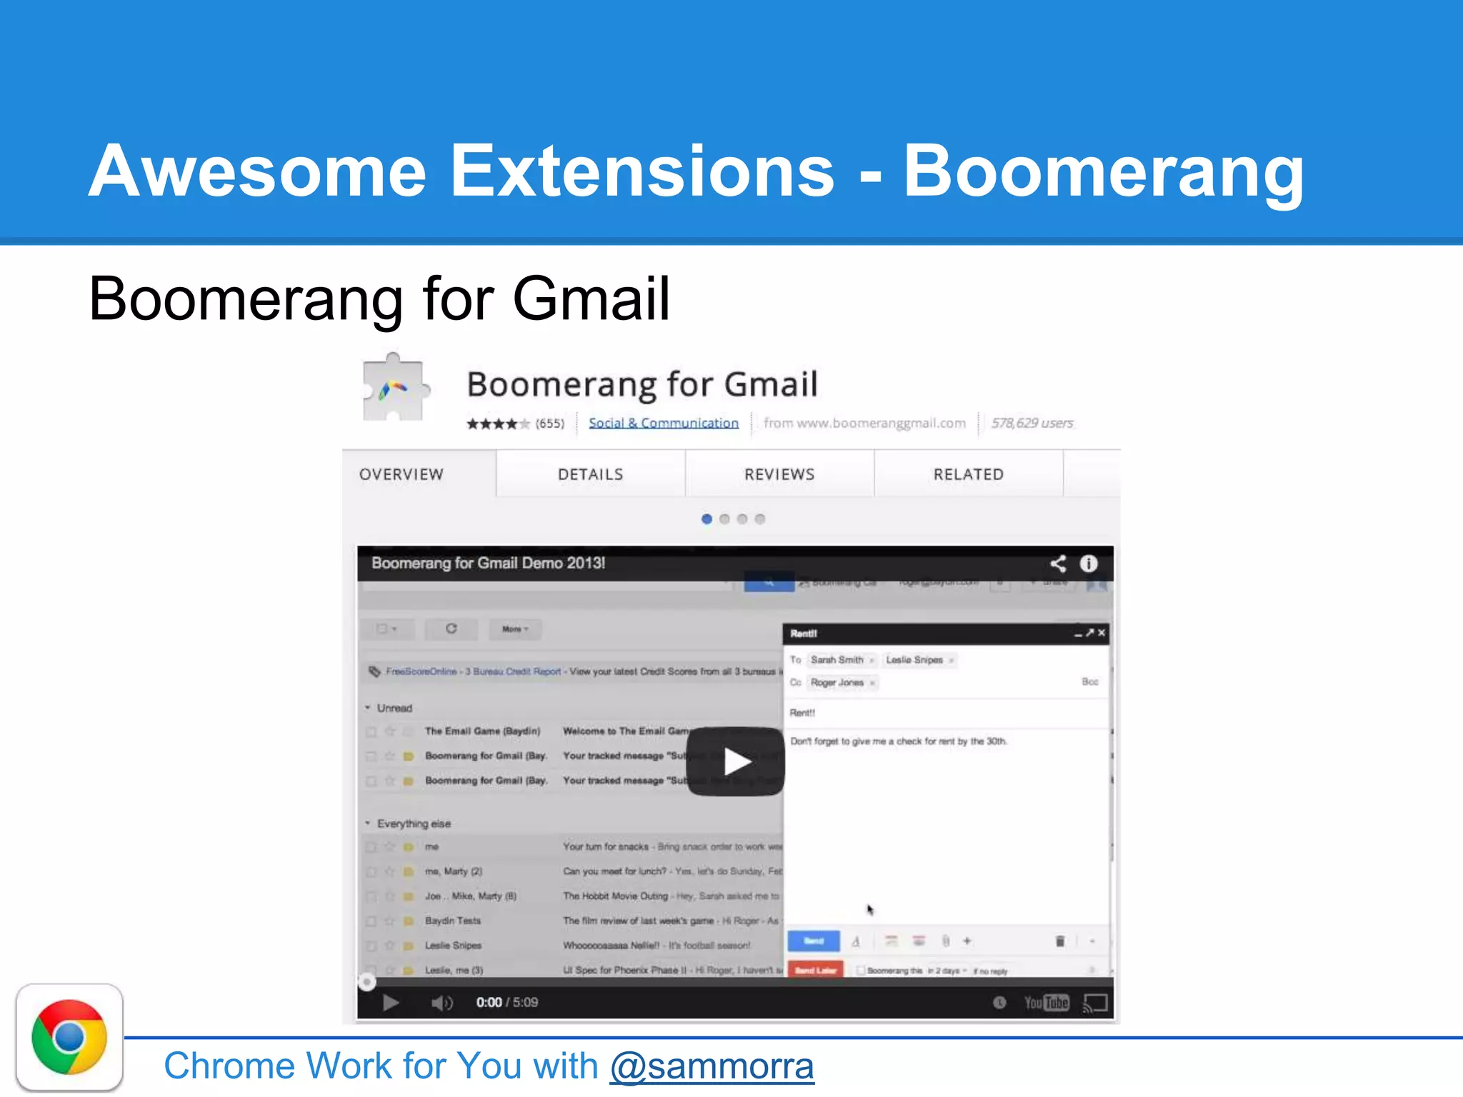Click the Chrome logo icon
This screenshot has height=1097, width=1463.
pyautogui.click(x=69, y=1037)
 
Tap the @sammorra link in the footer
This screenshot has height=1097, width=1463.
pyautogui.click(x=711, y=1066)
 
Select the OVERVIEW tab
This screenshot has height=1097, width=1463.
pyautogui.click(x=401, y=475)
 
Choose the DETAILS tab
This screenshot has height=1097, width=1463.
pyautogui.click(x=590, y=475)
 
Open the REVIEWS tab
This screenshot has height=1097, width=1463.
pyautogui.click(x=779, y=475)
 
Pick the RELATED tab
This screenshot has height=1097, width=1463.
pyautogui.click(x=968, y=475)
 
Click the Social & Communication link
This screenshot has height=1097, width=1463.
pyautogui.click(x=663, y=423)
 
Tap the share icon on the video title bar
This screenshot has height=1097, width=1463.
pyautogui.click(x=1058, y=563)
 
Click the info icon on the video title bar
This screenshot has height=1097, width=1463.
pyautogui.click(x=1088, y=563)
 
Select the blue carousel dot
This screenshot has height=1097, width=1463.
pyautogui.click(x=706, y=519)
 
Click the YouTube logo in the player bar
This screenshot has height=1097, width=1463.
pyautogui.click(x=1046, y=1003)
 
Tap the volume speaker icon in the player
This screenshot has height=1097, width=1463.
pyautogui.click(x=441, y=1003)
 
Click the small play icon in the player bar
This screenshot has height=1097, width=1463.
pyautogui.click(x=390, y=1003)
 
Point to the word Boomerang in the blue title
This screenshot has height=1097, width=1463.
pyautogui.click(x=1104, y=171)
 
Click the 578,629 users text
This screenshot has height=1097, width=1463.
pyautogui.click(x=1032, y=423)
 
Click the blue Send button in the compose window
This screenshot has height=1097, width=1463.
pyautogui.click(x=814, y=941)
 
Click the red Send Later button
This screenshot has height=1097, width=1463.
pyautogui.click(x=815, y=971)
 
